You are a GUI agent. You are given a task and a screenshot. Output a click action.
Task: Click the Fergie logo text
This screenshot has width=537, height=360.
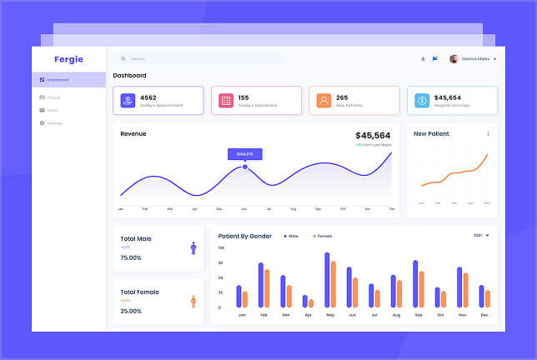coord(68,59)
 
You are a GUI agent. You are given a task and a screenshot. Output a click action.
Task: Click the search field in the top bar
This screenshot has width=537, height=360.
coord(200,59)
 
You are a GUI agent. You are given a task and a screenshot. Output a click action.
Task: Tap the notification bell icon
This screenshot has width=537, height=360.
coord(423,59)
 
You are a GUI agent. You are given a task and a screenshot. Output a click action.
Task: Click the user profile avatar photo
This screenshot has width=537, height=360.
coord(454,59)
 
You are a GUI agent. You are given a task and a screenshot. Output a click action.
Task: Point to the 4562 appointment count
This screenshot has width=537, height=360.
coord(148,97)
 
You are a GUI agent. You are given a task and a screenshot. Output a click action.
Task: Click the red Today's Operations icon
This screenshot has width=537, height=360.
coord(225,101)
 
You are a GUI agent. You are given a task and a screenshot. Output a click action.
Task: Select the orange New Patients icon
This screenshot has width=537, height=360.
coord(324,101)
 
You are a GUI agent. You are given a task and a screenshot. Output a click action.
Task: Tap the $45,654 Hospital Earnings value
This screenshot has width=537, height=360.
coord(453,97)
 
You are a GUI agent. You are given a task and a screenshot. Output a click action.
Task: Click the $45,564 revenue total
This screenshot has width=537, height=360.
coord(373,136)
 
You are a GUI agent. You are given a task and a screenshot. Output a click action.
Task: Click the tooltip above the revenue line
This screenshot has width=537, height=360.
coord(245,153)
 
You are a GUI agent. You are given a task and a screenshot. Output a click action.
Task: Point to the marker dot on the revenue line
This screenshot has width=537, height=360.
coord(245,167)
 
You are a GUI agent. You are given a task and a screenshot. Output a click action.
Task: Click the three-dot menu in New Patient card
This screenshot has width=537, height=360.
coord(489,133)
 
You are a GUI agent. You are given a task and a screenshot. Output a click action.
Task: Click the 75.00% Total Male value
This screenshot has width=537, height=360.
coord(131,257)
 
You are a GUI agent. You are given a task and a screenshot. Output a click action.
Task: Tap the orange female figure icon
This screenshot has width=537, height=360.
coord(193,301)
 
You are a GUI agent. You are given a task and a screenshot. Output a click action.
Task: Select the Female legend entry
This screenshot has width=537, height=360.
coord(320,236)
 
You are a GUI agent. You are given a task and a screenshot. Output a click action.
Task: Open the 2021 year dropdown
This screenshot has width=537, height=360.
coord(481,236)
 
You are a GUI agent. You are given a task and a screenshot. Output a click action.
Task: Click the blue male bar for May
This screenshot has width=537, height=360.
coord(327,280)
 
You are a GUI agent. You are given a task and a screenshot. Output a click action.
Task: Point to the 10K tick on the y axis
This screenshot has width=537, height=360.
coord(221,248)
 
